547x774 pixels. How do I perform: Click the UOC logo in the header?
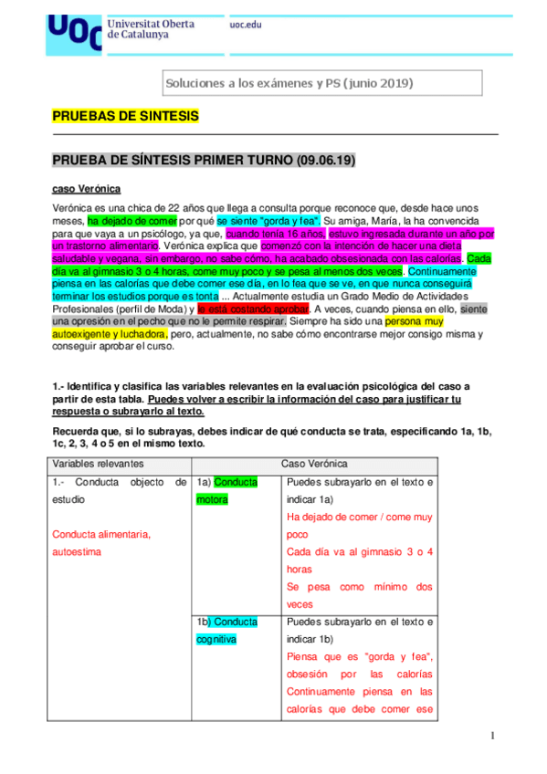(74, 30)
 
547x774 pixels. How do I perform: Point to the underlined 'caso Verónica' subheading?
(85, 189)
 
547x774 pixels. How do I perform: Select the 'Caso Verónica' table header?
(314, 465)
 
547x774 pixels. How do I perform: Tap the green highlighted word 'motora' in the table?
(213, 500)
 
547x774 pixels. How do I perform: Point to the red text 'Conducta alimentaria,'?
(100, 535)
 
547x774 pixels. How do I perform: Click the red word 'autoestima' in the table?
(77, 552)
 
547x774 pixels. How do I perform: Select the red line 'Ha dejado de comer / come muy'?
(359, 518)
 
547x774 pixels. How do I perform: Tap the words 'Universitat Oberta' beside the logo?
(151, 23)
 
